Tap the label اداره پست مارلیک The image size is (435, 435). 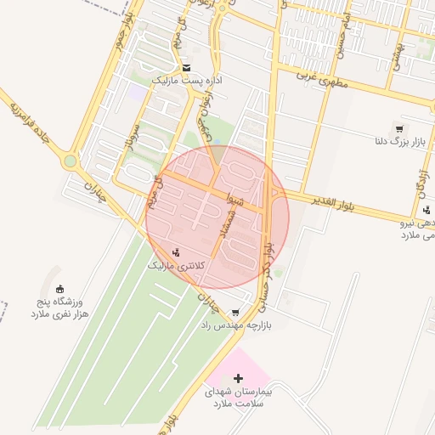click(x=186, y=80)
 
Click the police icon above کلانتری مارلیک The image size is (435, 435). click(x=176, y=251)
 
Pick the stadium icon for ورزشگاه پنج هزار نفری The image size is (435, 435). click(x=59, y=289)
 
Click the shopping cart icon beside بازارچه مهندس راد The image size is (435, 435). click(x=234, y=312)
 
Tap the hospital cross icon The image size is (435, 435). click(x=237, y=376)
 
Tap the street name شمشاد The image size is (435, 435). click(x=240, y=223)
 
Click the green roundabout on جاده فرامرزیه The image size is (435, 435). click(x=70, y=161)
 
